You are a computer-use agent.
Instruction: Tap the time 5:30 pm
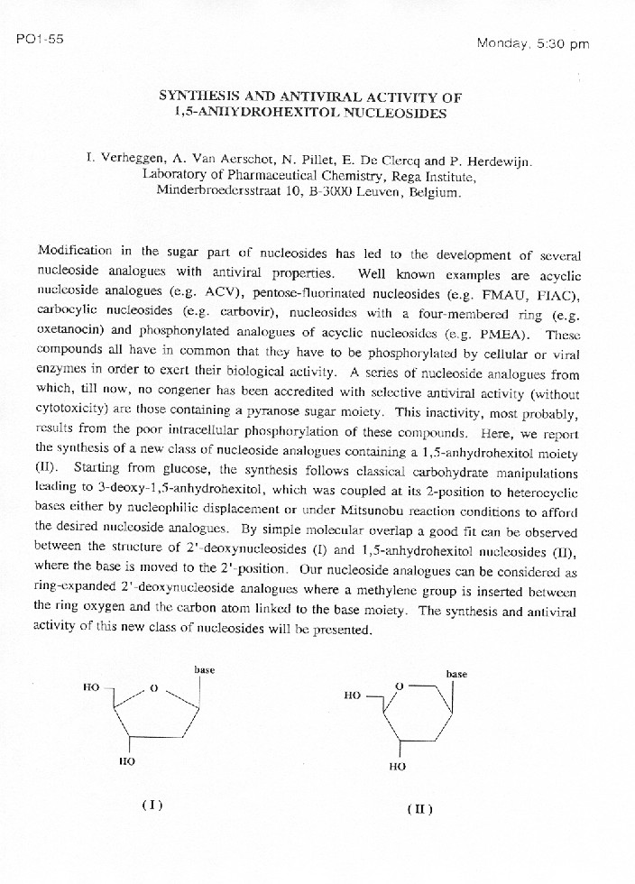click(x=560, y=44)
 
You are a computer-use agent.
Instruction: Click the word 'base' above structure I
click(x=204, y=670)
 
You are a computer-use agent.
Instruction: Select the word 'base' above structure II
click(x=456, y=674)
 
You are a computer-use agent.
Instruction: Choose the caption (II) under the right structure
click(x=419, y=809)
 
